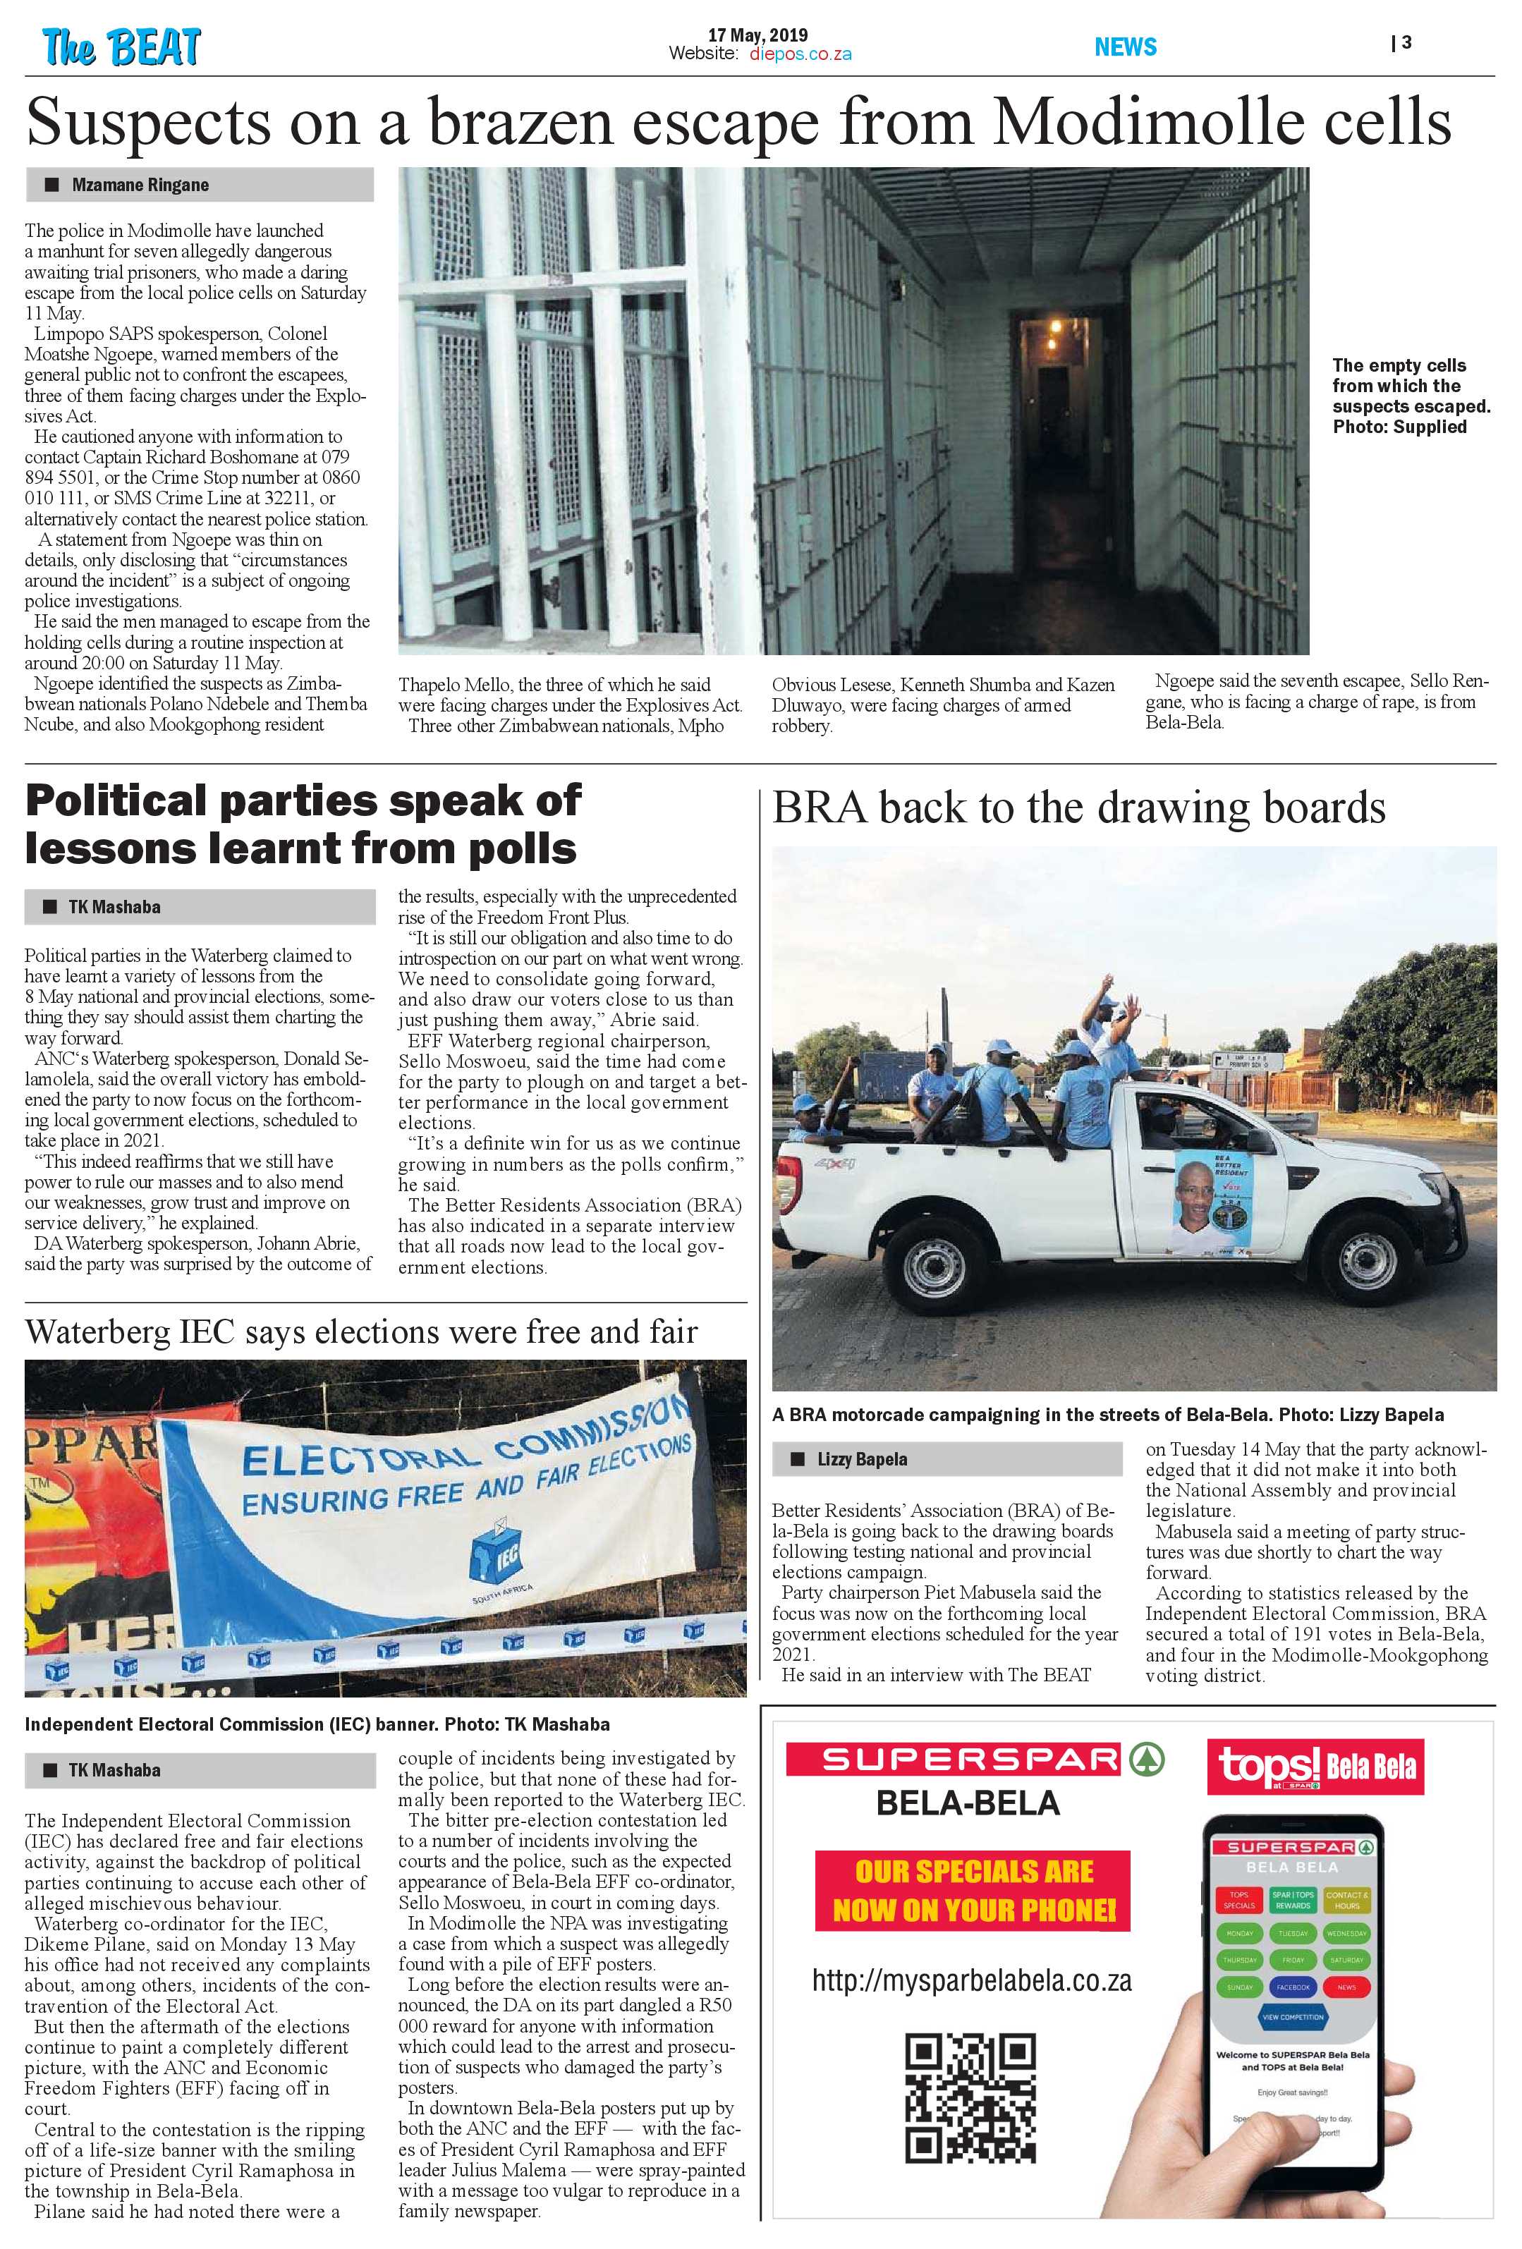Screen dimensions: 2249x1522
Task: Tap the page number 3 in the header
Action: coord(1406,42)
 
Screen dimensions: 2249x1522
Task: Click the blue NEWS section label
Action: coord(1126,47)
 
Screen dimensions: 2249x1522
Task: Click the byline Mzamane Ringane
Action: coord(140,185)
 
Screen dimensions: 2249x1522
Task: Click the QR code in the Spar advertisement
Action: coord(970,2097)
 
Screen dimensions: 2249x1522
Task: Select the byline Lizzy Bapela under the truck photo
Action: coord(861,1458)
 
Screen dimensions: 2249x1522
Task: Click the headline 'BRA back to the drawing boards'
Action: coord(1078,807)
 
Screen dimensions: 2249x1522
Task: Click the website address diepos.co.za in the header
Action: coord(800,54)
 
